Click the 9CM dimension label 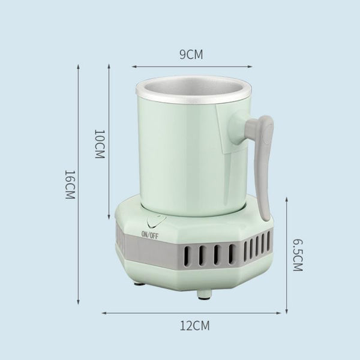coord(191,55)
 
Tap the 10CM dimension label coord(100,144)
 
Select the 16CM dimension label coord(70,185)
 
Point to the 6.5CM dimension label coord(298,256)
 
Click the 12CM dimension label coord(194,326)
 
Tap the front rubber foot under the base coord(205,295)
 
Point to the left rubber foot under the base coord(140,284)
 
